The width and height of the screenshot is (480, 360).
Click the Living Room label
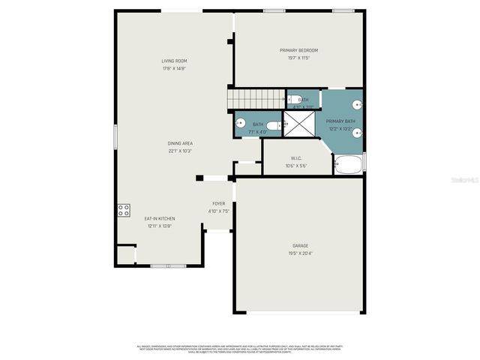174,61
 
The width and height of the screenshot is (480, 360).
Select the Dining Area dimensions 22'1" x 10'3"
180,151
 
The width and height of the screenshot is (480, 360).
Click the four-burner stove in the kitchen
124,210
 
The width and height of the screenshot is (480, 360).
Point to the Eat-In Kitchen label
160,218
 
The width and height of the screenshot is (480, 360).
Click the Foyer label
218,203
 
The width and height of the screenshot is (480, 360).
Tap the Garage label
300,245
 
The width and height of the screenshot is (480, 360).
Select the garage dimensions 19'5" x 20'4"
300,253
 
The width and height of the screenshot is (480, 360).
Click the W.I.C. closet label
296,158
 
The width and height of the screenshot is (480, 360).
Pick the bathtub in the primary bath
348,163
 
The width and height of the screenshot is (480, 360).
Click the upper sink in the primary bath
358,106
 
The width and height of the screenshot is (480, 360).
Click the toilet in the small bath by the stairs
290,99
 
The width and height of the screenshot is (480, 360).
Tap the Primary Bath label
340,121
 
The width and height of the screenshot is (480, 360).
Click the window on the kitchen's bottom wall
168,265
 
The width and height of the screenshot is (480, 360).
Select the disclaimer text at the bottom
240,349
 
